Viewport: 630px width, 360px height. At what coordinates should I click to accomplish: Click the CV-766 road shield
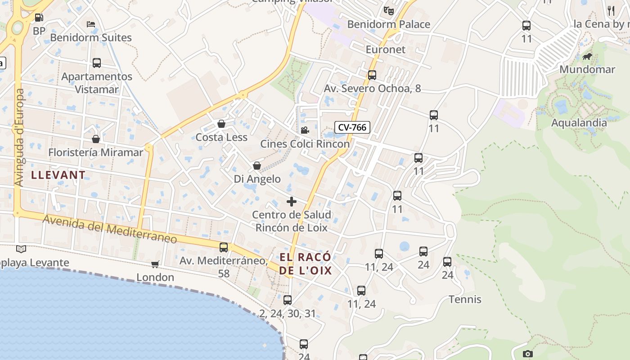pos(352,127)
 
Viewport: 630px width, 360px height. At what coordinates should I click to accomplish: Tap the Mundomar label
pos(587,69)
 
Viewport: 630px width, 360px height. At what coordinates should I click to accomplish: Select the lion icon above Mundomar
pos(587,57)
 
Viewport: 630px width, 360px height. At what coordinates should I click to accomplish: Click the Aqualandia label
pos(579,122)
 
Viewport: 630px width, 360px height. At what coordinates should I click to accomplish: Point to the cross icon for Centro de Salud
pos(292,201)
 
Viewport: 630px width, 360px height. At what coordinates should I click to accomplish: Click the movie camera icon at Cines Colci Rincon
pos(305,130)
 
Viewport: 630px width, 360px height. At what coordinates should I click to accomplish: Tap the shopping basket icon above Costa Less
pos(221,124)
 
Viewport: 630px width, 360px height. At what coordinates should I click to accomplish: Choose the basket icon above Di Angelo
pos(257,166)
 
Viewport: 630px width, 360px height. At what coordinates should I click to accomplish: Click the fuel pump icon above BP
pos(39,18)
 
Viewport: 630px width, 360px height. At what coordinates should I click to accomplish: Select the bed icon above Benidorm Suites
pos(91,24)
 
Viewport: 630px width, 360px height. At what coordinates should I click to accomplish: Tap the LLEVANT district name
pos(58,175)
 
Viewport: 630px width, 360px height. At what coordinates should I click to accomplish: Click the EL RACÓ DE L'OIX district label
pos(306,264)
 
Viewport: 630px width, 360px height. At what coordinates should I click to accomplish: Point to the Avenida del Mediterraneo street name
pos(110,229)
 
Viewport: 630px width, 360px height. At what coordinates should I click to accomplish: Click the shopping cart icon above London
pos(155,264)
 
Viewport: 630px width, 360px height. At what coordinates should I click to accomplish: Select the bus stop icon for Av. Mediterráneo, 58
pos(224,247)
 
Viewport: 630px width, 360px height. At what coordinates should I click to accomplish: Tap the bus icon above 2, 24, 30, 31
pos(288,300)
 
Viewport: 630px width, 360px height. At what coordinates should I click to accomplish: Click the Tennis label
pos(465,299)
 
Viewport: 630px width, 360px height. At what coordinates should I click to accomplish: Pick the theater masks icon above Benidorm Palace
pos(389,10)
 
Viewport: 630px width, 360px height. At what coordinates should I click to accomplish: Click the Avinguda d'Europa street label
pos(19,137)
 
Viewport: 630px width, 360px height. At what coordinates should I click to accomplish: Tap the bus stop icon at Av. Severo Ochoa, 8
pos(372,75)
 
